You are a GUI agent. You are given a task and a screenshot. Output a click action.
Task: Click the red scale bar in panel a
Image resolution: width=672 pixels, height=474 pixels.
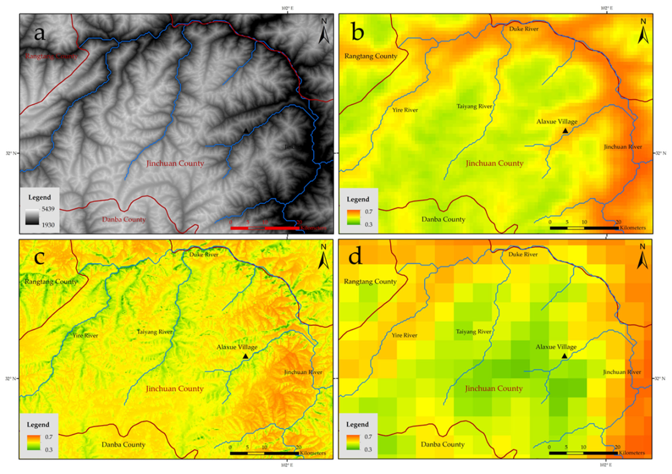coord(265,228)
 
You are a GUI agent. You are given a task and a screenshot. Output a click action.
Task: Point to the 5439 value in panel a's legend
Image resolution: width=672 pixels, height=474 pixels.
coord(48,209)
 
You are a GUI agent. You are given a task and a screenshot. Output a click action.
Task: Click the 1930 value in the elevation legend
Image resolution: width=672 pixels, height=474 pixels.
coord(48,225)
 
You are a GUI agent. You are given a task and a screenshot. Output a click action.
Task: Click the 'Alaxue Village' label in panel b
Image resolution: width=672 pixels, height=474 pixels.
coord(557,122)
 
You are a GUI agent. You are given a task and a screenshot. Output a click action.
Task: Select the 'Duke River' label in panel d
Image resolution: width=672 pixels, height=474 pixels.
coord(523,254)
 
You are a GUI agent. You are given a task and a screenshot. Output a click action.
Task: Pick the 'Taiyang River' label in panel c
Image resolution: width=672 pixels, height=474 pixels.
coord(155,332)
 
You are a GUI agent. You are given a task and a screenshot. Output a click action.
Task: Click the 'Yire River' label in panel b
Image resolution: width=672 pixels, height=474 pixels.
coord(405,110)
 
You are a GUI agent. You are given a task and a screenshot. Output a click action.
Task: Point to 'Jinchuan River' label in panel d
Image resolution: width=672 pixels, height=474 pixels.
coord(622,372)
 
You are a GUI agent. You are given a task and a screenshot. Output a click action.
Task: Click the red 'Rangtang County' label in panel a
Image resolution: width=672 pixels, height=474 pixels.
coord(51,56)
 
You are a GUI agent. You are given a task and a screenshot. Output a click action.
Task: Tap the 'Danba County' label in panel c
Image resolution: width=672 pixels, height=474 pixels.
coord(123,444)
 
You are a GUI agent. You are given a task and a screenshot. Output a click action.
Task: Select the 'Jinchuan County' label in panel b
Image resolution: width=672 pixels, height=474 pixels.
coord(495,163)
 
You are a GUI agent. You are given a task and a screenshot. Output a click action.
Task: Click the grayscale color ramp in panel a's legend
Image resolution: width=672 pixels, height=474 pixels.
coord(32,217)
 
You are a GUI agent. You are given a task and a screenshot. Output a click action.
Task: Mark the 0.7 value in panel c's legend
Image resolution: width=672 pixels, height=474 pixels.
coord(49,437)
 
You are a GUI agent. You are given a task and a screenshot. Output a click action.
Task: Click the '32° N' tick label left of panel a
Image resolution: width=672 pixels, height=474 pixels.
coord(11,153)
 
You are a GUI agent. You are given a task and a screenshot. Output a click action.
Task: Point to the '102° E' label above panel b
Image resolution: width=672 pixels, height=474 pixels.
coord(607,8)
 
